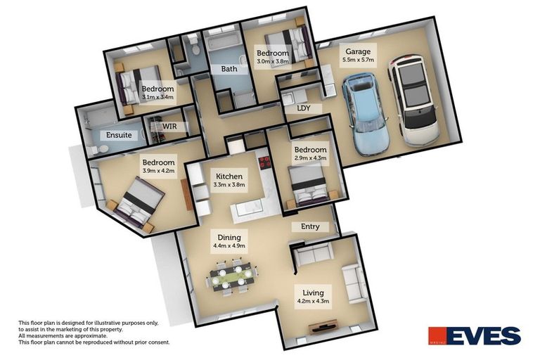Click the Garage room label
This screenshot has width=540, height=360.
click(357, 51)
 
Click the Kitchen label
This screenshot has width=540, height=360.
click(229, 176)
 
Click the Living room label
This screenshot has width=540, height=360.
click(313, 292)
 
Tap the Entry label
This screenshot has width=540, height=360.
click(310, 226)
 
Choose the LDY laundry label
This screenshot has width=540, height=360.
click(304, 109)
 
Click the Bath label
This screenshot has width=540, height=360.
click(229, 70)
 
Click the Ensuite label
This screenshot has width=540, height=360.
click(117, 135)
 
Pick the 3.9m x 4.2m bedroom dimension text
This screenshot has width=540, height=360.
click(158, 171)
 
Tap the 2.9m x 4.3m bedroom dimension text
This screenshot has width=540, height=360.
click(310, 159)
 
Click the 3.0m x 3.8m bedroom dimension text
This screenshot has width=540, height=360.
click(272, 62)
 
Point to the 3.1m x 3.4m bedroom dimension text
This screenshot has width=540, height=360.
click(157, 98)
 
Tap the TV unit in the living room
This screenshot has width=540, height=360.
click(326, 328)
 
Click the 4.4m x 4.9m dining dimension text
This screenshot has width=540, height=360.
click(229, 247)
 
